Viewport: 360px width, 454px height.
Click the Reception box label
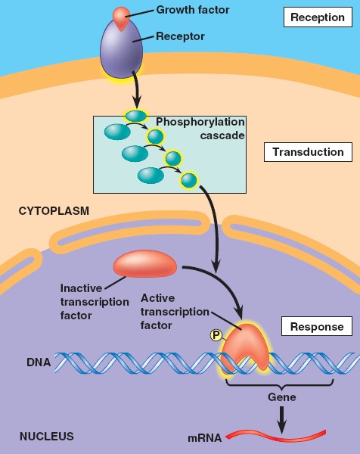click(318, 17)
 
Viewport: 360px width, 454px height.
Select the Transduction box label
click(308, 152)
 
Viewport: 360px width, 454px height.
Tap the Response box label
click(317, 326)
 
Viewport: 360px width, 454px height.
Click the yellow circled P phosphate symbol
click(216, 335)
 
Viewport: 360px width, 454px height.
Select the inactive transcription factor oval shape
click(144, 264)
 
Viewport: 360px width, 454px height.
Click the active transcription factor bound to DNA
click(246, 347)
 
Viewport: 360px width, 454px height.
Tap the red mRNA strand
click(275, 436)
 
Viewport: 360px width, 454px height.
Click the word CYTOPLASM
click(54, 211)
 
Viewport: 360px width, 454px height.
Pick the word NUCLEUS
click(47, 436)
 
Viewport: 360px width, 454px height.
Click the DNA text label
click(39, 362)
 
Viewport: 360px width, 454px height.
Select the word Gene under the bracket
click(282, 396)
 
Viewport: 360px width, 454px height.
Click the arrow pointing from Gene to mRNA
click(282, 420)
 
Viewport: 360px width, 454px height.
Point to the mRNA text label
click(205, 438)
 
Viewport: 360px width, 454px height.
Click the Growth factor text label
click(193, 10)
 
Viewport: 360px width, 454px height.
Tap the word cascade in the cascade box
click(222, 135)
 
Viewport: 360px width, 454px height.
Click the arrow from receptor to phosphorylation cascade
click(136, 89)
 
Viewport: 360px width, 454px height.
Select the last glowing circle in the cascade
click(188, 180)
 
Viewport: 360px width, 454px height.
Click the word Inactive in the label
click(81, 288)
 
